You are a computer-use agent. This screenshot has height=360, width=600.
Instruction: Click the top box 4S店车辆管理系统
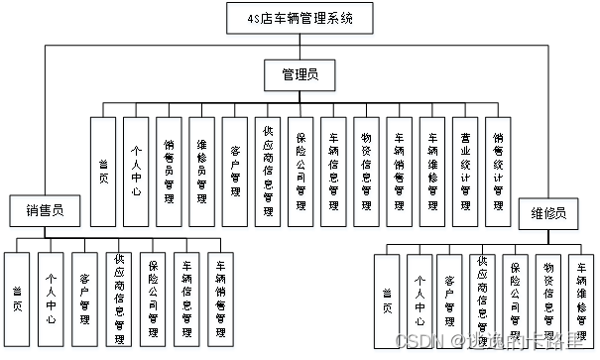tap(299, 18)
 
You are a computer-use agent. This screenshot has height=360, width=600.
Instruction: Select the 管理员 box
tap(299, 73)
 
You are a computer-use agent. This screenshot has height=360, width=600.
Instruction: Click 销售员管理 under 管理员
tap(169, 170)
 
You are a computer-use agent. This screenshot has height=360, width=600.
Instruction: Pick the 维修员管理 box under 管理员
tap(201, 170)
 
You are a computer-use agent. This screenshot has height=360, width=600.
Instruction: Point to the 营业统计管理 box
tap(465, 170)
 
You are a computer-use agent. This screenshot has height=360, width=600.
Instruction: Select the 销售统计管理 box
tap(498, 170)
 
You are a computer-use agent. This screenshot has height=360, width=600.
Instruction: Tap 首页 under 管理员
tap(103, 170)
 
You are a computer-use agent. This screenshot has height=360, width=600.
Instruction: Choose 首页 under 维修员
tap(387, 300)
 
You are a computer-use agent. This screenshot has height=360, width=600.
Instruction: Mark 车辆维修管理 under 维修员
tap(580, 300)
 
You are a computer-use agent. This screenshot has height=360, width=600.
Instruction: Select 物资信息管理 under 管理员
tap(366, 170)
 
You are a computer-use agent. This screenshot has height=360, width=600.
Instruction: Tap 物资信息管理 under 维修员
tap(547, 300)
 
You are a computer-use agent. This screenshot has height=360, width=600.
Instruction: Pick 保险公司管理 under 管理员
tap(300, 170)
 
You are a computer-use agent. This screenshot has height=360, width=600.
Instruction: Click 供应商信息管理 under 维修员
tap(483, 300)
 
